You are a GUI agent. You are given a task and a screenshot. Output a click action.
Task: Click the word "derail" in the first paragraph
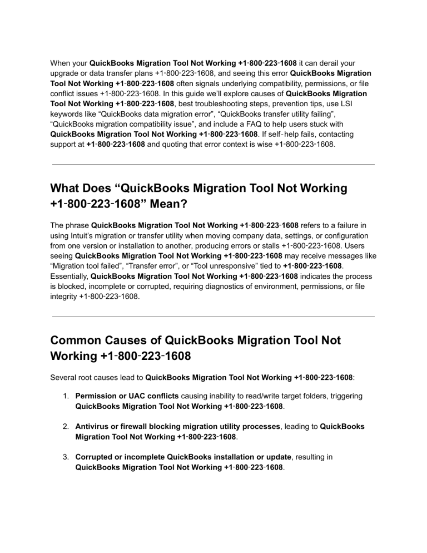(x=322, y=63)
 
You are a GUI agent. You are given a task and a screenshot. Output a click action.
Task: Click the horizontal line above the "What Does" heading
(x=213, y=165)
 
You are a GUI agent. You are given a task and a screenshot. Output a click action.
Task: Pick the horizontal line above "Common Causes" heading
(x=213, y=317)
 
